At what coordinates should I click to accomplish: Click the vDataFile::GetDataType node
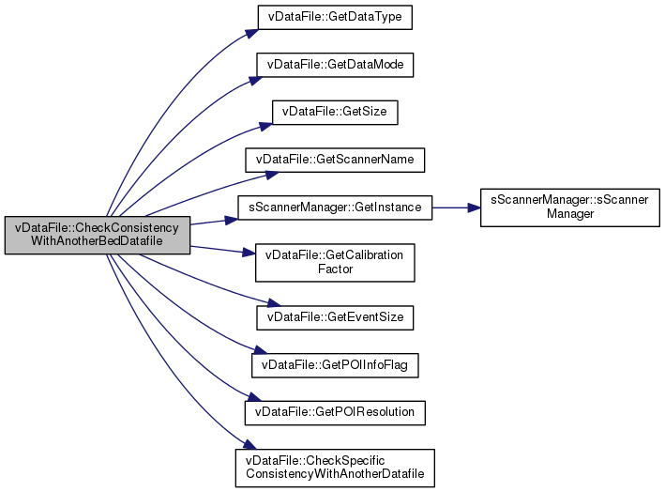point(335,17)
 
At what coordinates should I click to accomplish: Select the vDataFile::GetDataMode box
point(336,65)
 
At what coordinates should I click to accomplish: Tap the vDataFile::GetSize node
point(335,112)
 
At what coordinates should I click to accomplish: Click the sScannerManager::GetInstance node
point(335,207)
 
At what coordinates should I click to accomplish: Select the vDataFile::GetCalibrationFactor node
point(335,262)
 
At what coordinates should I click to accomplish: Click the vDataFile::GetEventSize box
point(335,316)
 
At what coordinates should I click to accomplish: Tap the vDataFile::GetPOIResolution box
point(335,411)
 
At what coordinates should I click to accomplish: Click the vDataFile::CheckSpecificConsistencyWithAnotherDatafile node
point(335,467)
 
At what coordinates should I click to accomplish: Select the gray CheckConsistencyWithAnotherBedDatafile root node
point(98,235)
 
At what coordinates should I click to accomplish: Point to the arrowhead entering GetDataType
point(252,31)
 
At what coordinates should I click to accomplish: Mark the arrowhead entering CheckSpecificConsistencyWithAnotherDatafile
point(247,447)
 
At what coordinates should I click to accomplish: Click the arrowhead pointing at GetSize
point(266,123)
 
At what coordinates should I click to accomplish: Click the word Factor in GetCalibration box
point(335,269)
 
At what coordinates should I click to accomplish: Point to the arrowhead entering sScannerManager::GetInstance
point(232,219)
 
